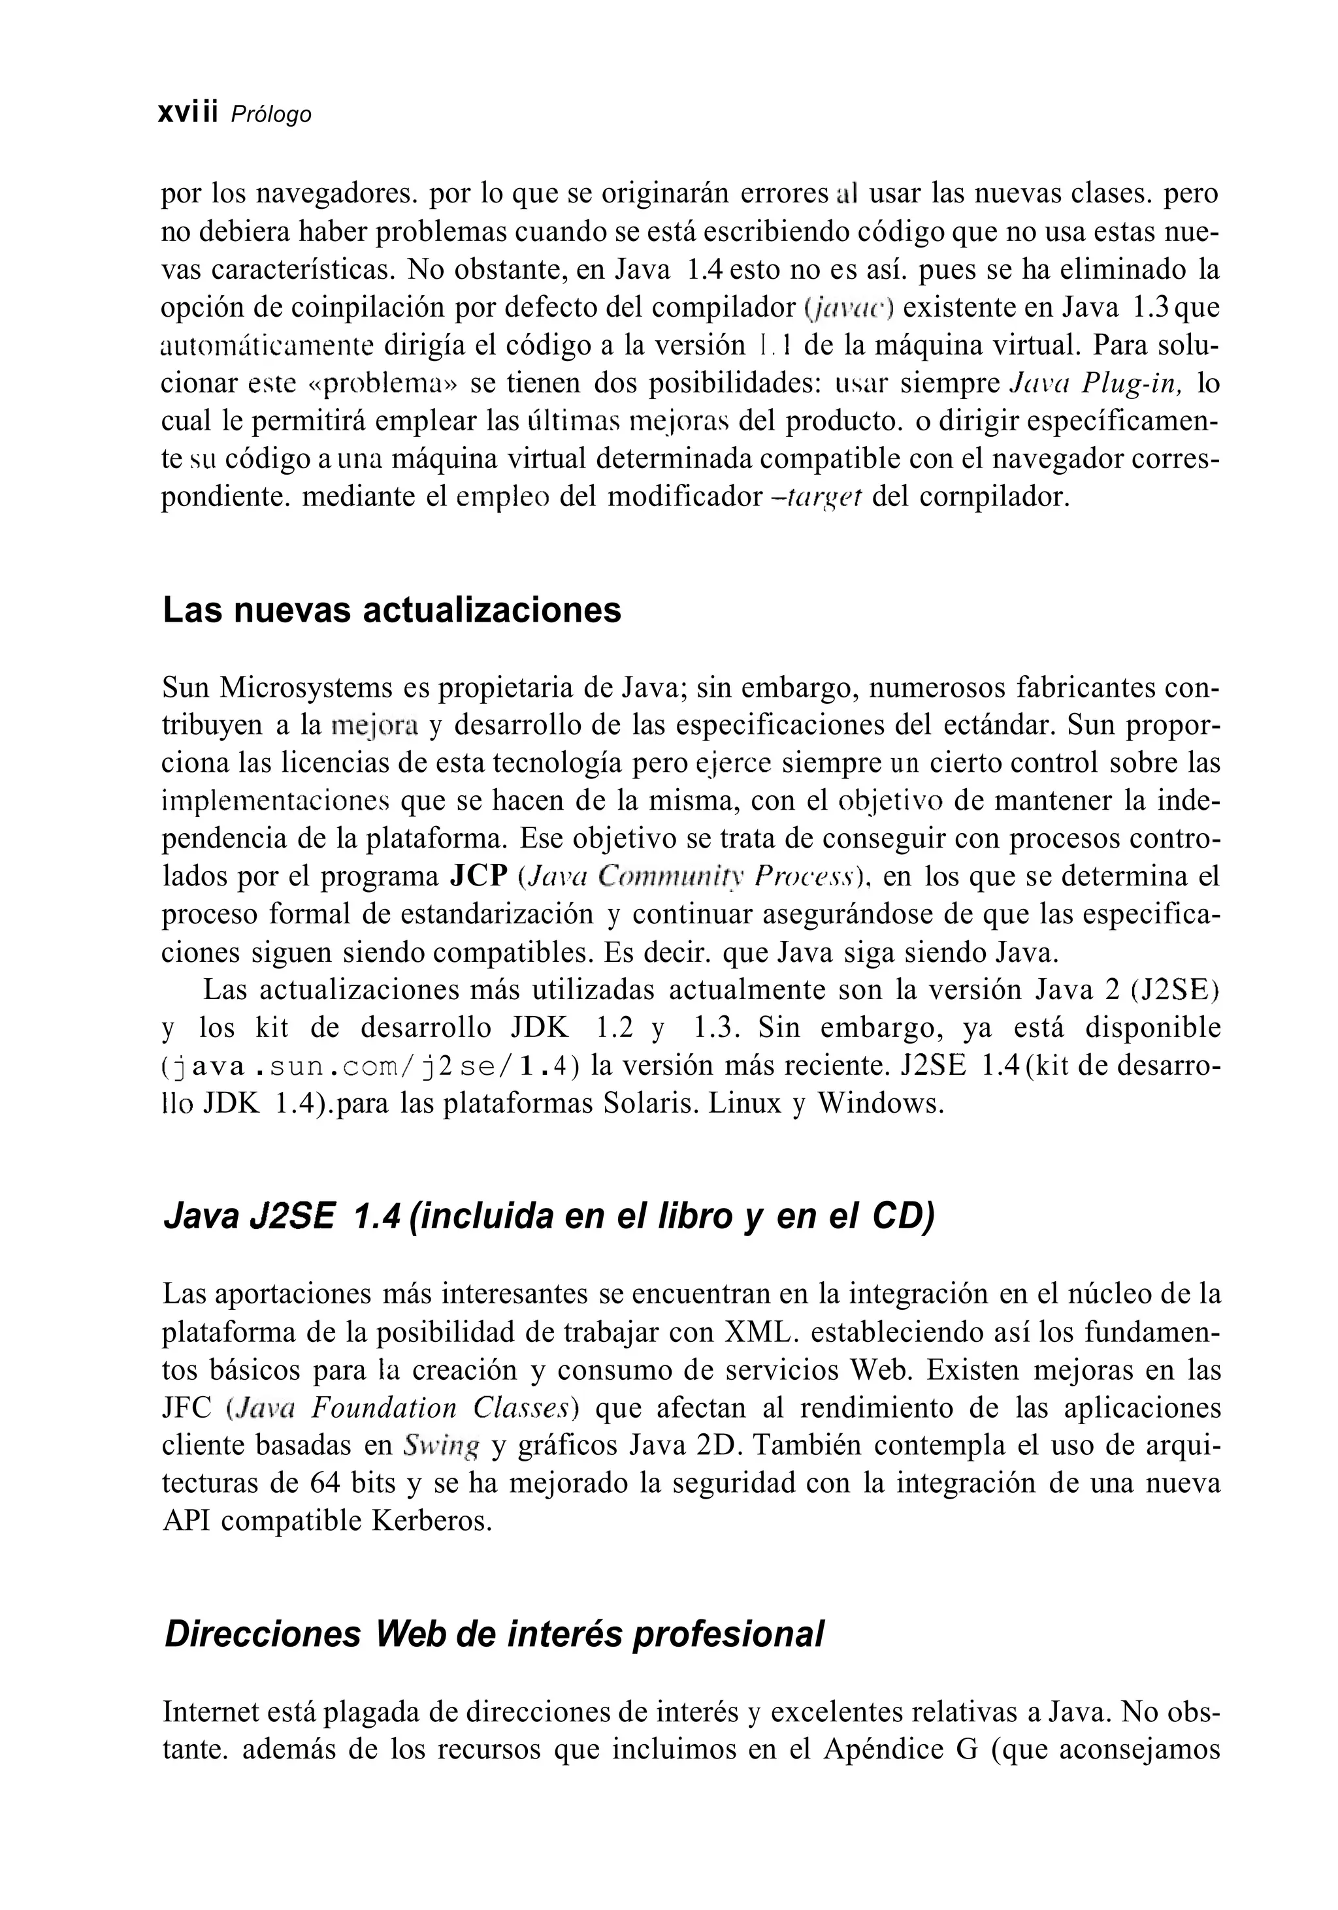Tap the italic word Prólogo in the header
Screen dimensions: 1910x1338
pos(270,115)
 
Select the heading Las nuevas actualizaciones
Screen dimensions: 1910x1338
pos(391,611)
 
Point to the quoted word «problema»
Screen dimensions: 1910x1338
pos(382,383)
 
